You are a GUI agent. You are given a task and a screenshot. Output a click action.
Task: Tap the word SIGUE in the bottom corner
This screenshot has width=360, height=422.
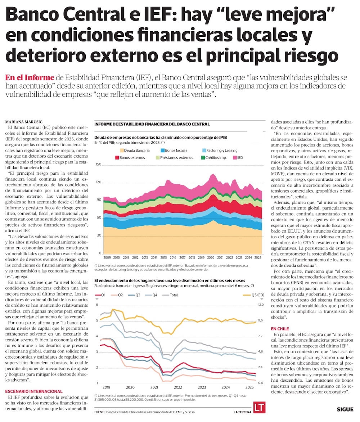[345, 409]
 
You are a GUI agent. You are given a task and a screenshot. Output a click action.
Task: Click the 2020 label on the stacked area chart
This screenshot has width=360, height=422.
[116, 258]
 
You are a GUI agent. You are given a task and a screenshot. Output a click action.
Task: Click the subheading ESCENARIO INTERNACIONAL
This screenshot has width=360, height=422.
[34, 391]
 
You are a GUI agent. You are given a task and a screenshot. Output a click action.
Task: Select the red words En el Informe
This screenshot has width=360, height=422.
[30, 77]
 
